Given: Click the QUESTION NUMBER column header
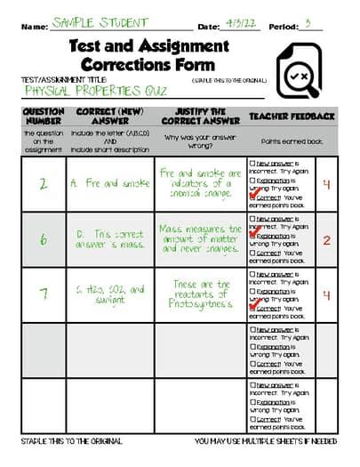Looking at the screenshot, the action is pos(43,117).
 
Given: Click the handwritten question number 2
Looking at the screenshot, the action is pos(43,185).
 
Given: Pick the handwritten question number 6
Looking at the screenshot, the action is pos(43,239).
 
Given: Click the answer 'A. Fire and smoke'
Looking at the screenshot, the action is pos(110,184).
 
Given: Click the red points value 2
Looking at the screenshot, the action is pos(326,241).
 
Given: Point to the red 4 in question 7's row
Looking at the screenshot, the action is pos(326,296).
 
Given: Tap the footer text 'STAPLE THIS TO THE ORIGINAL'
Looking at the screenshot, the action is pos(71,442).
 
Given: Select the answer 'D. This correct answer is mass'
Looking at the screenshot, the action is pos(110,239).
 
